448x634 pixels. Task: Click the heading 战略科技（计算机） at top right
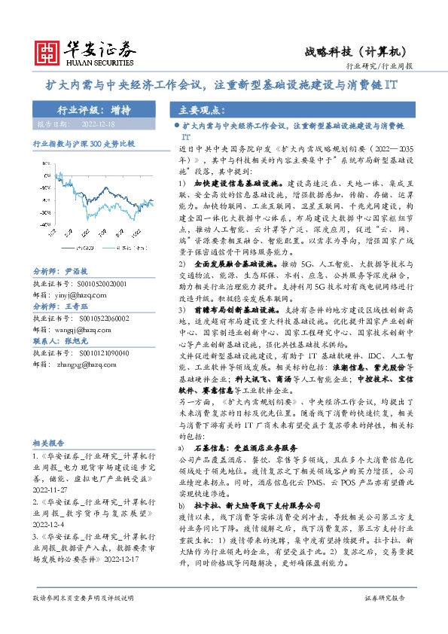point(355,51)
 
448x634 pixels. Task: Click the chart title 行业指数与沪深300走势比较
point(83,142)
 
